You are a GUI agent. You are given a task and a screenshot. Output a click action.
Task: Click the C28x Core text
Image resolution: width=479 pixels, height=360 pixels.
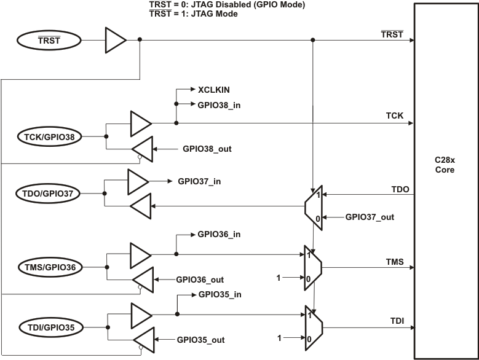point(444,165)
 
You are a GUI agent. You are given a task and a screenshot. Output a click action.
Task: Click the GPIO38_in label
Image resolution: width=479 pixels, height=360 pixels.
point(219,105)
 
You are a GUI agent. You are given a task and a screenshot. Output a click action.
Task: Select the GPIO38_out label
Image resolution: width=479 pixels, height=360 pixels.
point(207,149)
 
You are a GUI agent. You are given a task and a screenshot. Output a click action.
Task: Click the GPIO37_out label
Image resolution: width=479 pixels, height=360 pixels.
point(370,216)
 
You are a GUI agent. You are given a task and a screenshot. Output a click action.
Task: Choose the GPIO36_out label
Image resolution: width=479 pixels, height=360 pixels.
point(201,279)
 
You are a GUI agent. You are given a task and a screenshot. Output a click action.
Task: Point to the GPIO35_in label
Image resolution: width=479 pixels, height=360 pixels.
point(219,294)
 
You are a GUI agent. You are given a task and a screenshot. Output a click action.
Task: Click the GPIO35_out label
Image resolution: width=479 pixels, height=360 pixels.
point(201,339)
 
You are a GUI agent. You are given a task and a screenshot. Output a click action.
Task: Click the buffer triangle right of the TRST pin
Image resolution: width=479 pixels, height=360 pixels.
point(114,41)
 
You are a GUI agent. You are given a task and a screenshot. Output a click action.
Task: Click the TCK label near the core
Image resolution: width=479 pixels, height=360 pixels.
point(394,115)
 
